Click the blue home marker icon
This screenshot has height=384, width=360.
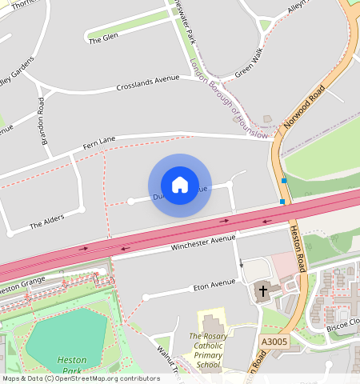pyautogui.click(x=180, y=185)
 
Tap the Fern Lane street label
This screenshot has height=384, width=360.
pyautogui.click(x=100, y=141)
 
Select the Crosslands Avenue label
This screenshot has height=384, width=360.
pyautogui.click(x=148, y=82)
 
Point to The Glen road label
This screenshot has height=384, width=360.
pyautogui.click(x=103, y=37)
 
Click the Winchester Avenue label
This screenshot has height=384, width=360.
pyautogui.click(x=203, y=242)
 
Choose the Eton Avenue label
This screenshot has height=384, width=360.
pyautogui.click(x=214, y=284)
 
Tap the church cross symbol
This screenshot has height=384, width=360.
pyautogui.click(x=262, y=291)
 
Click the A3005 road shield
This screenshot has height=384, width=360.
pyautogui.click(x=273, y=341)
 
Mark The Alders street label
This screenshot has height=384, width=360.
pyautogui.click(x=46, y=222)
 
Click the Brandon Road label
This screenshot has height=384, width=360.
pyautogui.click(x=42, y=121)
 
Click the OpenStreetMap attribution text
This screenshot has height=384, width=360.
pyautogui.click(x=80, y=378)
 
